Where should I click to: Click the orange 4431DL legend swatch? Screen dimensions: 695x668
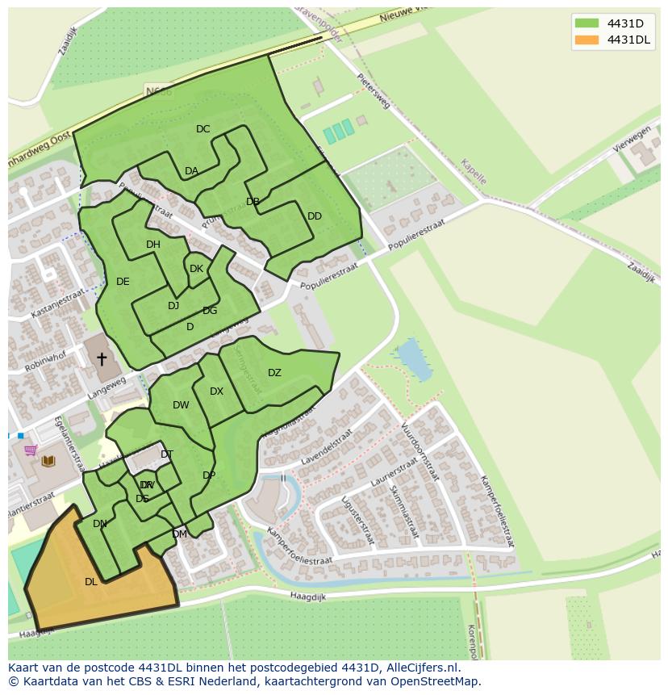pos(587,40)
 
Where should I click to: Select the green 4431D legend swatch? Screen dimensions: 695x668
pos(587,23)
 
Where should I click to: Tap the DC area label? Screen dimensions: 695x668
pos(202,129)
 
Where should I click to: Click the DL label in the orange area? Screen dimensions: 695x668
pos(91,581)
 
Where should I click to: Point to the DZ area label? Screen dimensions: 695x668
pos(274,373)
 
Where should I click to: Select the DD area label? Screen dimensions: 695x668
pos(315,216)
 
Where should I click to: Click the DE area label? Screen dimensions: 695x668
pos(123,282)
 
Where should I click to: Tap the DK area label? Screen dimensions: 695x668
pos(196,269)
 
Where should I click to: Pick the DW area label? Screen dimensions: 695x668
pos(181,405)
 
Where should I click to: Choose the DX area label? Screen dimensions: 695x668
pos(216,391)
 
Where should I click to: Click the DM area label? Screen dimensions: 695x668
pos(179,534)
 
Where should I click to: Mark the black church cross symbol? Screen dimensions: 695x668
pos(102,358)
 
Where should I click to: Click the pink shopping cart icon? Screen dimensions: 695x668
pos(31,450)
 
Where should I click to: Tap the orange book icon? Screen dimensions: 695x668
pos(48,461)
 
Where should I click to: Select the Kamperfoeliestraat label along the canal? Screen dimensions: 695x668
pos(299,547)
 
